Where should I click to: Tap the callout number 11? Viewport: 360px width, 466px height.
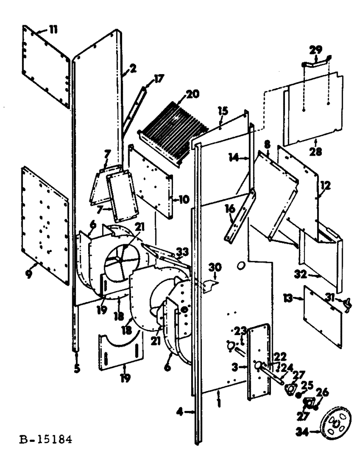[x=53, y=30]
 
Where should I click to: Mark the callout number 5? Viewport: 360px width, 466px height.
[x=76, y=368]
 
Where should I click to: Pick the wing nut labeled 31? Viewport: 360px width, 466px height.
[x=347, y=305]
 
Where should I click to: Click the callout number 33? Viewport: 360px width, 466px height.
[x=181, y=252]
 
